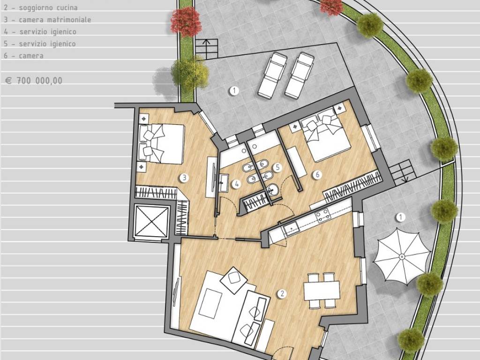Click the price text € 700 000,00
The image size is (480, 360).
coord(34,81)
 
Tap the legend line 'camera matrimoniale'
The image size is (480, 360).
coord(47,20)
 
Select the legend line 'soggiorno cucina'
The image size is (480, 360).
coord(41,7)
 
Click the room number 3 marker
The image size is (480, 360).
coord(184,178)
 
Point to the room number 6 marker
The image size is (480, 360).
coord(317,174)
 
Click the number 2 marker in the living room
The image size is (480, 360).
coord(282,294)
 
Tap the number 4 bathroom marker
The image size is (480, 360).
coord(236,184)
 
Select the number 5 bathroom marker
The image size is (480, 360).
coord(277,167)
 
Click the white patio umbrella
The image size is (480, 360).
coord(402,256)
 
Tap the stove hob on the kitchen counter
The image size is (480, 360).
coord(323,215)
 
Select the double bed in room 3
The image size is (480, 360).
coord(161,143)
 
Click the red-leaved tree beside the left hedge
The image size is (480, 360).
coord(186,22)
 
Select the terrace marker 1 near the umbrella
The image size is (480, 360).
coord(400,217)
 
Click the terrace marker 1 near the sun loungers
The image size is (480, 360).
coord(234,90)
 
